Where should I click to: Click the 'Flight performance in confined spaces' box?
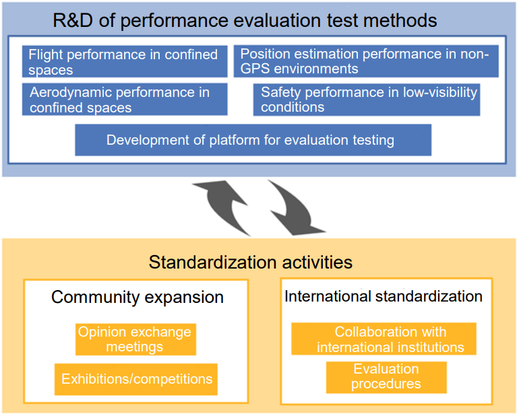(125, 61)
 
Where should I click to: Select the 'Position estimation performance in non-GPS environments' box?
(366, 61)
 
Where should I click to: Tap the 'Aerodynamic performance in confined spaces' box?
(125, 99)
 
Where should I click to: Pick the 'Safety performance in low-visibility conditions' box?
(367, 100)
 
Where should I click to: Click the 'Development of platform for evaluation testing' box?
(253, 140)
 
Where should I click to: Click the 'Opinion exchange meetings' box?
(135, 339)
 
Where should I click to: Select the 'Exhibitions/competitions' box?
(136, 379)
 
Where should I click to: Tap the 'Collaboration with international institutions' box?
(384, 339)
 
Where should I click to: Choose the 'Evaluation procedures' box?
(386, 378)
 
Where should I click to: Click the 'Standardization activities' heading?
(251, 263)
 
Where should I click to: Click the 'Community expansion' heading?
(138, 297)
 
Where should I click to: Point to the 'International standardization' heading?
(384, 296)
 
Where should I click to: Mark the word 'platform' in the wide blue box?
(235, 141)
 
